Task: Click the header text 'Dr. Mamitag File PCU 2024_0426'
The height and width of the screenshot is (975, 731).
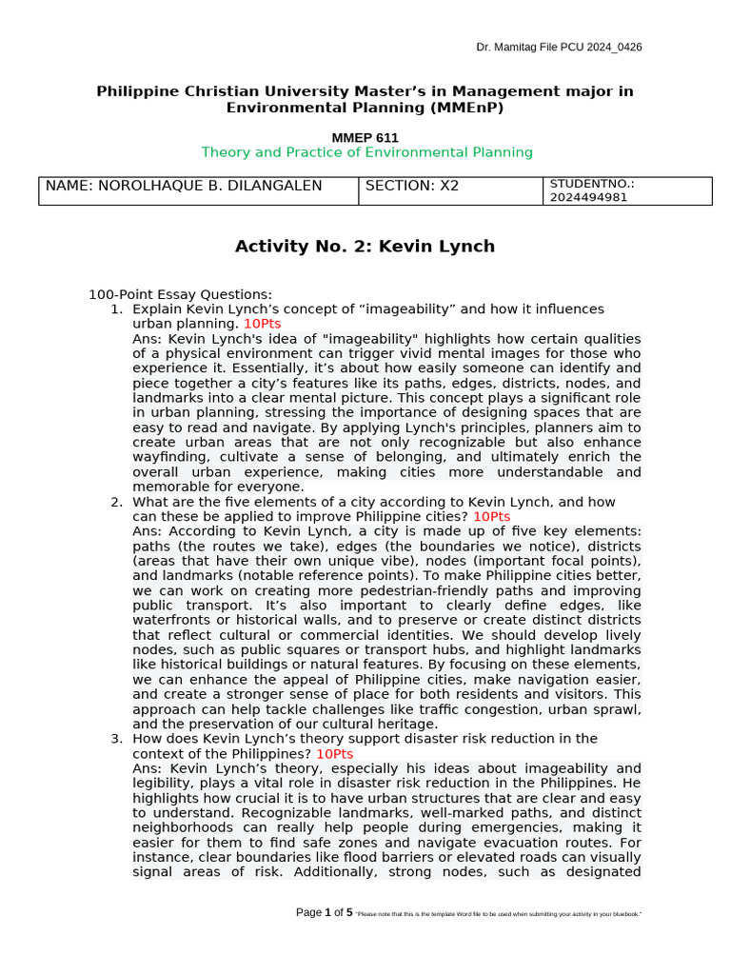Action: tap(559, 48)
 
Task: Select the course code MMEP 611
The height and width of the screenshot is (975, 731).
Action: tap(366, 137)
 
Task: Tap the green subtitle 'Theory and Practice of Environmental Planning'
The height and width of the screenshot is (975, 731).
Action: tap(366, 152)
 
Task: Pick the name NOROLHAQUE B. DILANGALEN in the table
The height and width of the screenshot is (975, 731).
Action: tap(184, 186)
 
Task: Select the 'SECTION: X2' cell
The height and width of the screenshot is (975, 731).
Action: tap(412, 186)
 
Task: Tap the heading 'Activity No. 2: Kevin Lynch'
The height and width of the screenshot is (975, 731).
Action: tap(365, 247)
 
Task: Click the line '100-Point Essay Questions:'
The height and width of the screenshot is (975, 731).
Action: tap(180, 294)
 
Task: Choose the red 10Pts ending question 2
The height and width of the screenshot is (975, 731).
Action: tap(491, 516)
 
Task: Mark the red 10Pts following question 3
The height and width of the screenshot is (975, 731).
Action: tap(334, 753)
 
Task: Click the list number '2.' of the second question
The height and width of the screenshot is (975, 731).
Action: tap(116, 502)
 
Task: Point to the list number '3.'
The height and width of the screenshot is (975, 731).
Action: tap(116, 738)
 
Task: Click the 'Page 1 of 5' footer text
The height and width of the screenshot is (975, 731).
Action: tap(325, 912)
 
